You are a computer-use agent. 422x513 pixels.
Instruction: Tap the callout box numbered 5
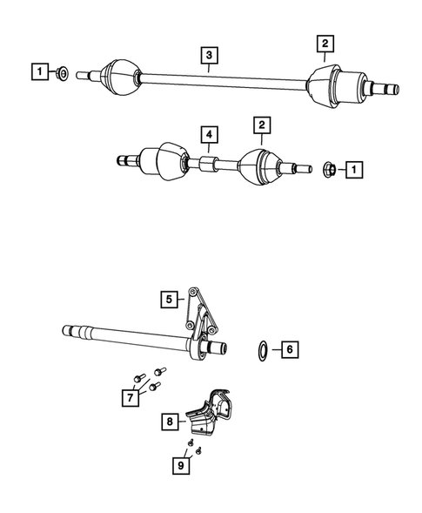(169, 300)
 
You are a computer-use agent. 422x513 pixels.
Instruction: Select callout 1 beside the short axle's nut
(353, 169)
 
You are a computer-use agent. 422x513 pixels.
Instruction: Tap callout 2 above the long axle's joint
(325, 43)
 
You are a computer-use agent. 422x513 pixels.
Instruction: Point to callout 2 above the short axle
(260, 127)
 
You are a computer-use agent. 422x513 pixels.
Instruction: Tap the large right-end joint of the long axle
(339, 84)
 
